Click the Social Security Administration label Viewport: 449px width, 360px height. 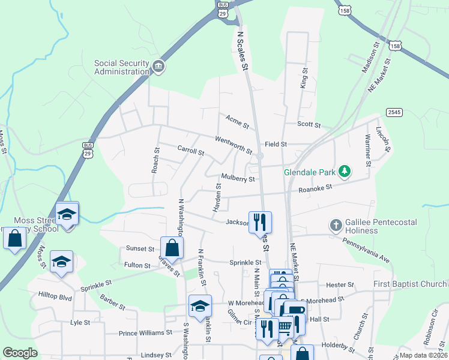tap(121, 68)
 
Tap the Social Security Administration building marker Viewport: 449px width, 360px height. tap(158, 66)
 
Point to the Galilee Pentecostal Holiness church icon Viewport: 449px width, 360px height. tap(336, 226)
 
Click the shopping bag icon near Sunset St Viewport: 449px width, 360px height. tap(172, 247)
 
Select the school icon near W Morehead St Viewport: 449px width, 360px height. tap(200, 305)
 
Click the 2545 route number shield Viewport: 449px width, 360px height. tap(394, 112)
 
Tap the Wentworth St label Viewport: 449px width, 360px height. tap(234, 143)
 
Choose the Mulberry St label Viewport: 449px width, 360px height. tap(238, 178)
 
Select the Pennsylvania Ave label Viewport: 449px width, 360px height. tap(366, 250)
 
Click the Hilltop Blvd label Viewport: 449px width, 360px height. tap(55, 297)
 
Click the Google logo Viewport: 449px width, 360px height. tap(20, 353)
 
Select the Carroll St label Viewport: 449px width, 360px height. tap(191, 149)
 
